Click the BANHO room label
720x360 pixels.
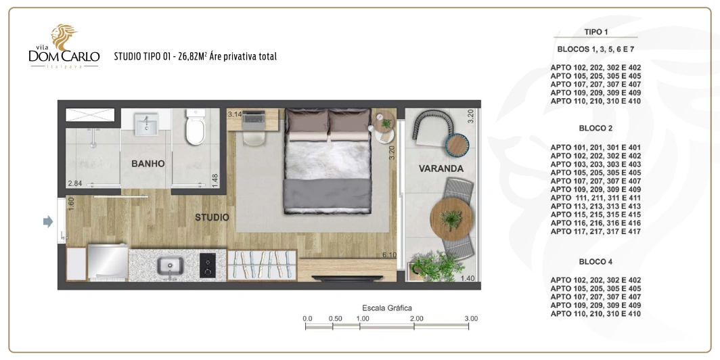tap(148, 164)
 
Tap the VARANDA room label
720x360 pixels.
tap(441, 168)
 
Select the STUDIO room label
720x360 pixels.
tap(212, 217)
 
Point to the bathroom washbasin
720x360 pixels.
tap(146, 125)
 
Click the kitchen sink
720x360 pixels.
tap(170, 267)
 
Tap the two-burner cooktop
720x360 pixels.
tap(208, 265)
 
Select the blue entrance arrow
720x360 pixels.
tap(48, 222)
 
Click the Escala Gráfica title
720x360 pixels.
tap(387, 308)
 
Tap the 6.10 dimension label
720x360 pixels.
tap(389, 255)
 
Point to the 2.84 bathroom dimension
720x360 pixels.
tap(74, 183)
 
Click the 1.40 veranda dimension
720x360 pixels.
tap(467, 278)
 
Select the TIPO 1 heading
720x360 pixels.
tap(596, 32)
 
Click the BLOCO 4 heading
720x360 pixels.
tap(595, 262)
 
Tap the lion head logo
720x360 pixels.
tap(64, 37)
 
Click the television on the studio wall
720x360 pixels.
tap(347, 277)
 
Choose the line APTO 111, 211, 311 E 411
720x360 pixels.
tap(595, 198)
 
